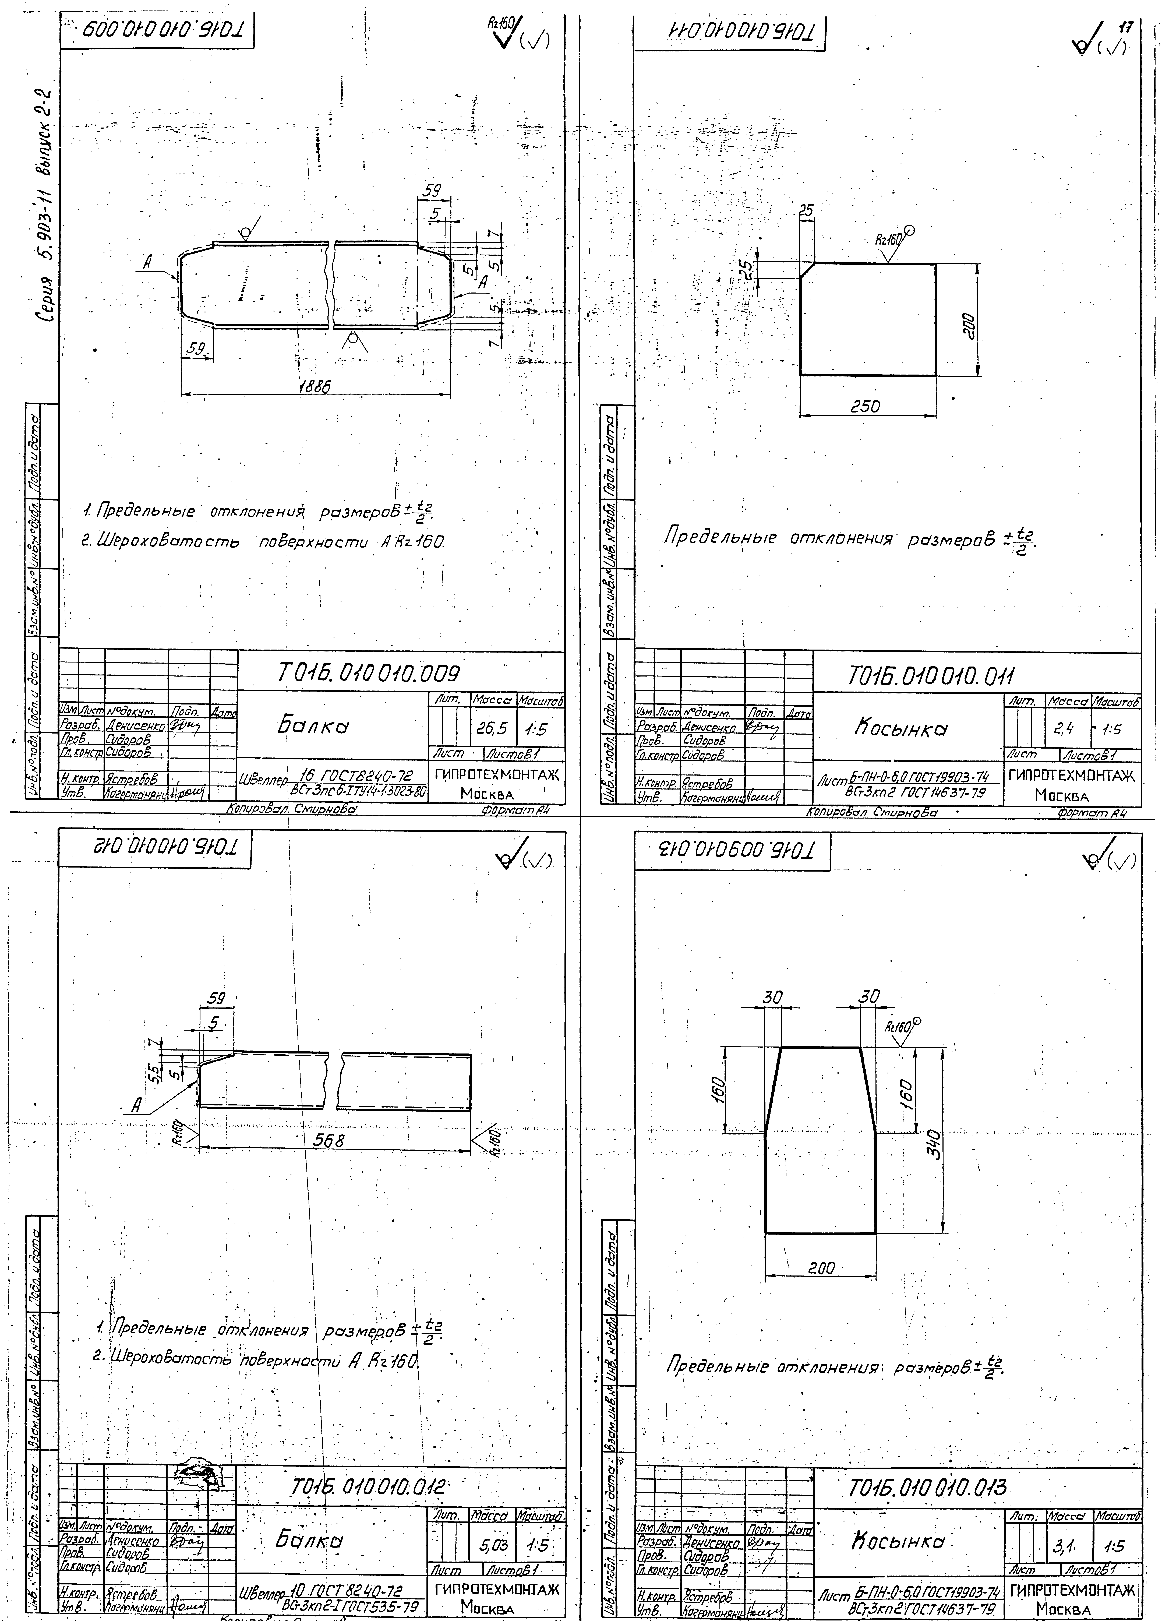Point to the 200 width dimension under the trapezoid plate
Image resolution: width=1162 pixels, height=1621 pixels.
820,1269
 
